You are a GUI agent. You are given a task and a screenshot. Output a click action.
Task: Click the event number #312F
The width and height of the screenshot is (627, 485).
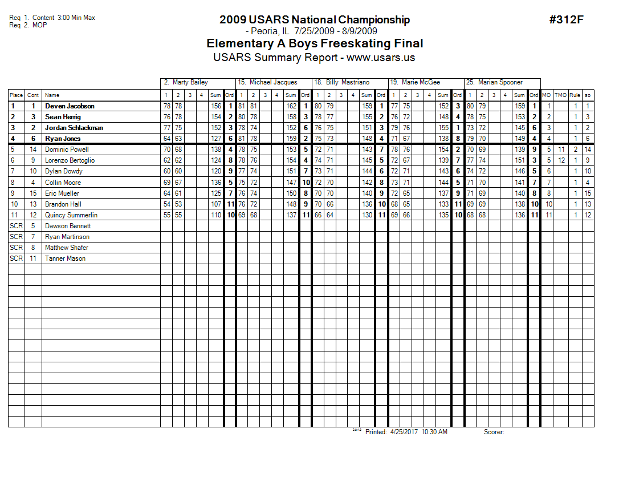[567, 20]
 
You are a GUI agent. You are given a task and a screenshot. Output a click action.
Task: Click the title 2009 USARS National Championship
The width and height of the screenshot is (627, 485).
[314, 20]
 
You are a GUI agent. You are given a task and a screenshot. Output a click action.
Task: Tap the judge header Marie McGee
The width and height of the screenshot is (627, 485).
[421, 82]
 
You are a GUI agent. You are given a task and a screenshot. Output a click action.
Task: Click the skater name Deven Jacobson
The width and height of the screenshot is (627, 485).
[70, 106]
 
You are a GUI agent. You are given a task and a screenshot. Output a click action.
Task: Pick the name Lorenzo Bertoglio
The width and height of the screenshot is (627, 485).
[70, 160]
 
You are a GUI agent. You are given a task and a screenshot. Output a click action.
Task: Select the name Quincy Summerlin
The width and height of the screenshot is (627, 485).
[71, 215]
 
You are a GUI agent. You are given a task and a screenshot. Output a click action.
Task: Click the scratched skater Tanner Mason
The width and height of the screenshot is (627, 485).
[65, 258]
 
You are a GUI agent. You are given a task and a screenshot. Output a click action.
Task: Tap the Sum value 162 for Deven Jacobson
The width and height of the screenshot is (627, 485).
[291, 106]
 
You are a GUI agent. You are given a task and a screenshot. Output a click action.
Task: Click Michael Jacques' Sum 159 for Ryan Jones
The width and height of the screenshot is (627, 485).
[291, 139]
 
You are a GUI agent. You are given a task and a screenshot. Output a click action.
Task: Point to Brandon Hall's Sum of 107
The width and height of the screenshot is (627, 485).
[215, 204]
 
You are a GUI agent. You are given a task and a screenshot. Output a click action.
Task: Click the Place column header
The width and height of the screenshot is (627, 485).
[16, 95]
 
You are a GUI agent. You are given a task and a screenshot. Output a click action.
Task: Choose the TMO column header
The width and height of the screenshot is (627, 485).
[561, 95]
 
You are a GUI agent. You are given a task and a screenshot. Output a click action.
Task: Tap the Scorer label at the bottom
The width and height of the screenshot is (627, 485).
[494, 432]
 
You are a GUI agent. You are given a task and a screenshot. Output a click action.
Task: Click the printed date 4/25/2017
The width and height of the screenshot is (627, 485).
[404, 432]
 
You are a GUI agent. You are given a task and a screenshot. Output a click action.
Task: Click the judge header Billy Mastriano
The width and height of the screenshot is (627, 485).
[347, 82]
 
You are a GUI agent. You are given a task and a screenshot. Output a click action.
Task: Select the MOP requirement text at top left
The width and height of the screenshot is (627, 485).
[39, 25]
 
